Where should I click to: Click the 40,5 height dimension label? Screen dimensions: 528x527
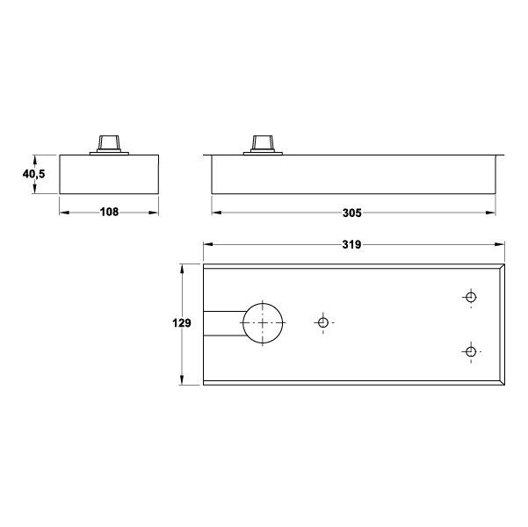(x=33, y=174)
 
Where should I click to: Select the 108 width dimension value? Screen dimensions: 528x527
(x=110, y=213)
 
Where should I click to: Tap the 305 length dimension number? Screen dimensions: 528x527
(x=352, y=213)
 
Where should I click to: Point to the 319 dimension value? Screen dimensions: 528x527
(x=352, y=244)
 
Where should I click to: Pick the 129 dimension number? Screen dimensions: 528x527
(x=182, y=323)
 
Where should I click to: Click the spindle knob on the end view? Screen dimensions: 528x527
(x=109, y=145)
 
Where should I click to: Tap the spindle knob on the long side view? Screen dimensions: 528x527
(x=263, y=145)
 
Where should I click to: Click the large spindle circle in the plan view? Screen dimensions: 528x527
(x=263, y=303)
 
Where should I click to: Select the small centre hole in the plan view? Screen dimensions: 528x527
(x=323, y=319)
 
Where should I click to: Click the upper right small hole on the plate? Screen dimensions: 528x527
(x=471, y=293)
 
